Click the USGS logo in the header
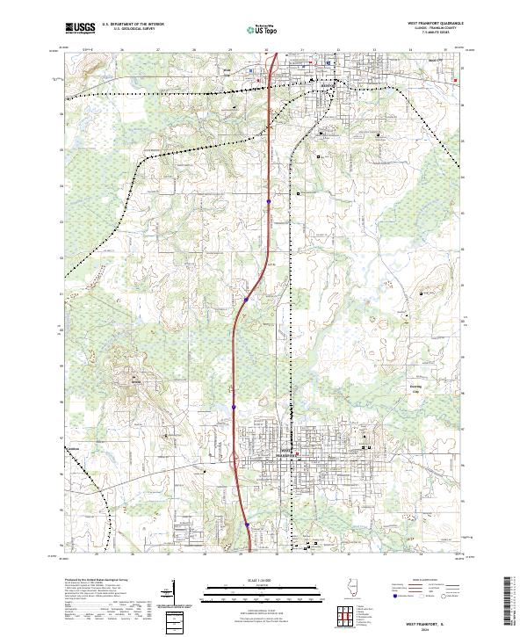(x=79, y=28)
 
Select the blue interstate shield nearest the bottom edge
(x=248, y=525)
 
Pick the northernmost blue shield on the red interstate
(x=269, y=203)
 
